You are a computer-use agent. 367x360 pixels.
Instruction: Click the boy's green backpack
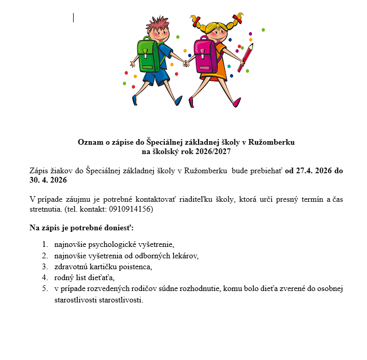(147, 54)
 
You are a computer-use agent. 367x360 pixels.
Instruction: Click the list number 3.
(45, 267)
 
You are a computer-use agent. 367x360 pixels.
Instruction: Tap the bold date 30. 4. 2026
(48, 180)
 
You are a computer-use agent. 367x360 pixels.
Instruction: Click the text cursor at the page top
(74, 18)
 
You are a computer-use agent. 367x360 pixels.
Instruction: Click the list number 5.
(45, 289)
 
